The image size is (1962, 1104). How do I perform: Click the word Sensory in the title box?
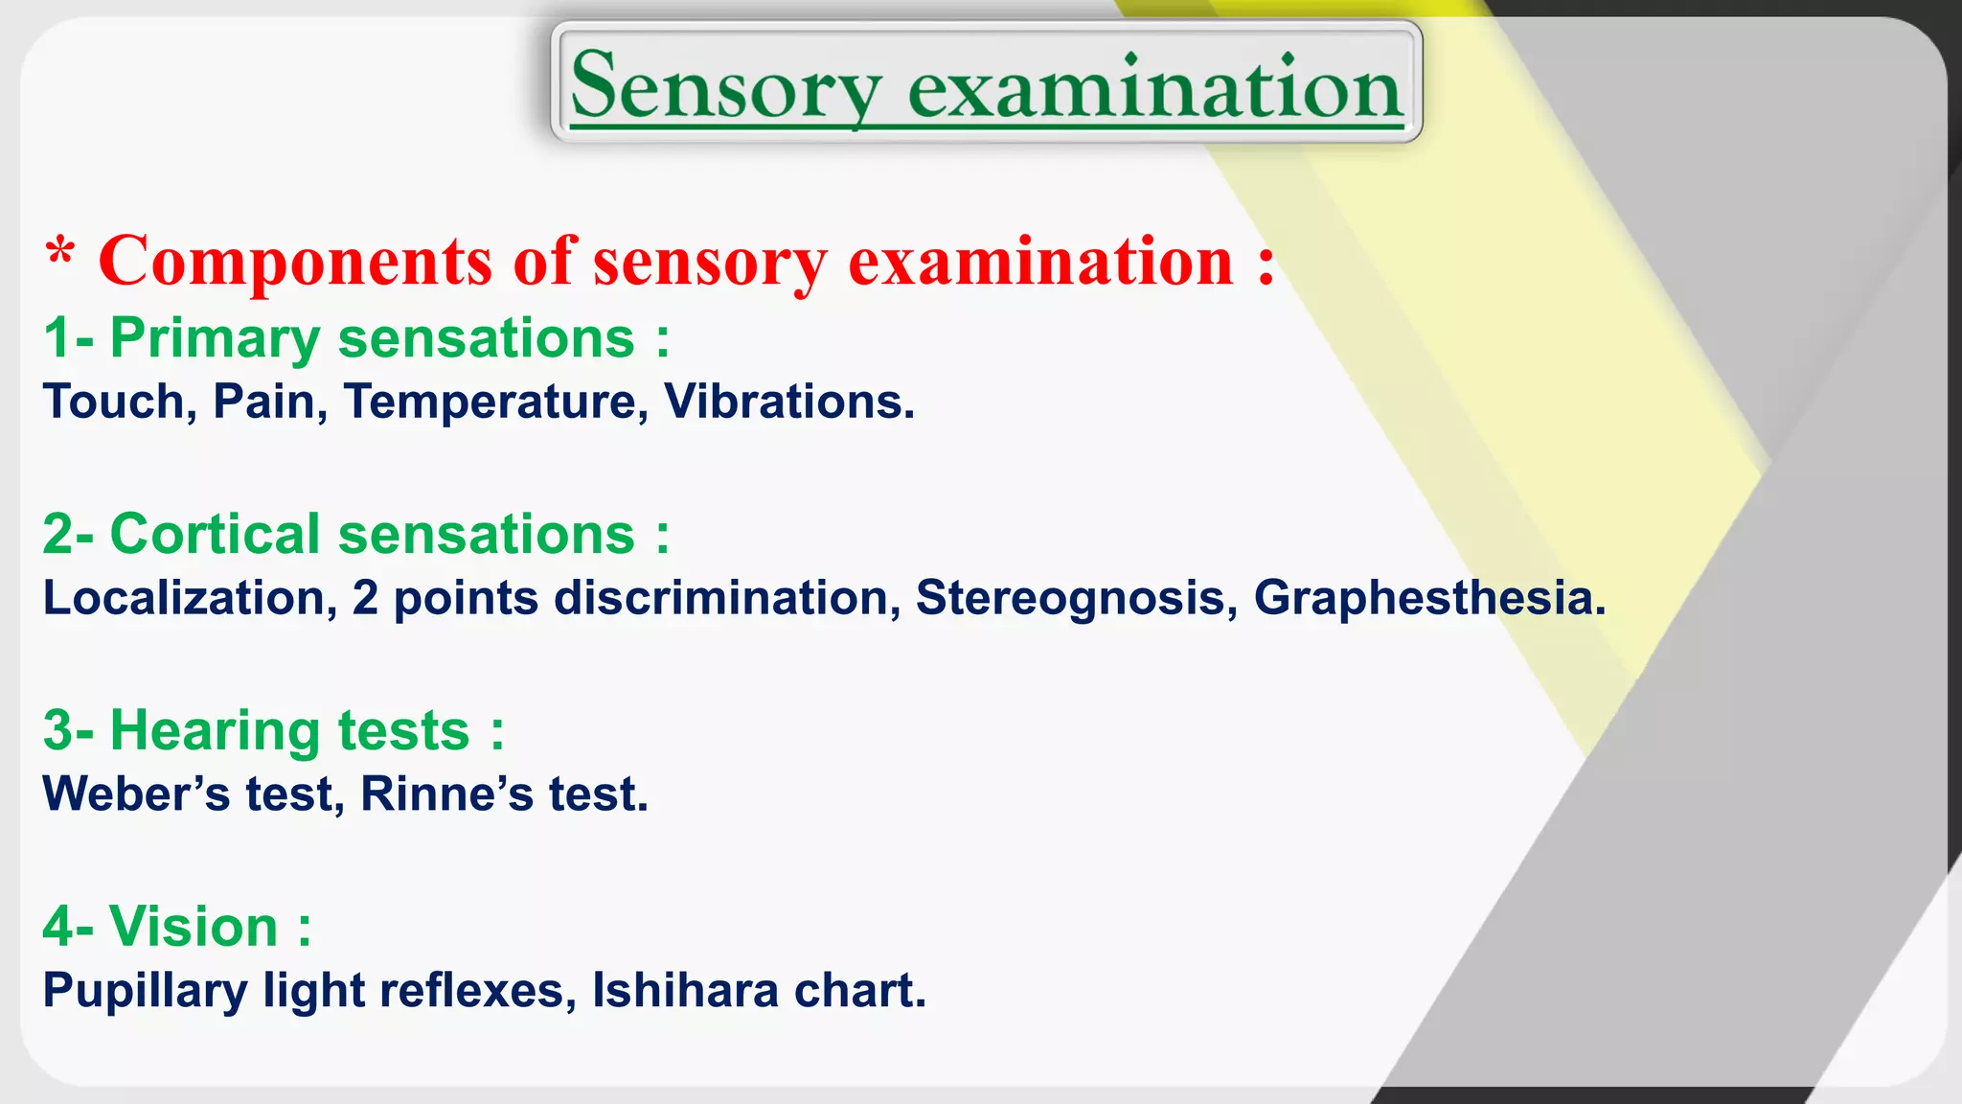725,88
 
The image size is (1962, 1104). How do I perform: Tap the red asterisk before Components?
60,255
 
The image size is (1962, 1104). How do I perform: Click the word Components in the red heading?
295,263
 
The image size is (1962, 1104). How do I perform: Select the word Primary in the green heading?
215,339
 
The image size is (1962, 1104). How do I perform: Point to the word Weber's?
136,794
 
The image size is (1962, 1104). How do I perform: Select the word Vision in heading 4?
194,928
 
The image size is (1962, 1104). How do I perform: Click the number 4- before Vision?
68,928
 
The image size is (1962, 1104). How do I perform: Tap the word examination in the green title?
1154,88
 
